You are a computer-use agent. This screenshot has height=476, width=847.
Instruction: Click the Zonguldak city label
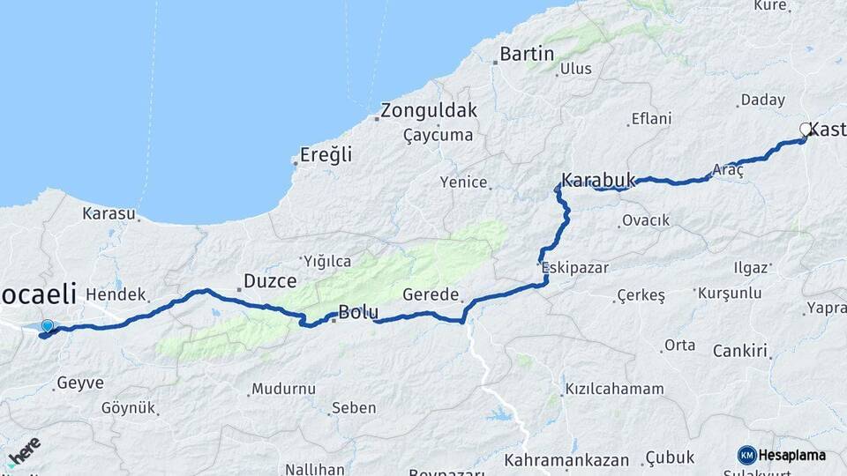(x=429, y=111)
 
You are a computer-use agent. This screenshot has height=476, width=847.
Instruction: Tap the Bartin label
(x=527, y=54)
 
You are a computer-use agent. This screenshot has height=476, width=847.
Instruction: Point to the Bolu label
(x=359, y=313)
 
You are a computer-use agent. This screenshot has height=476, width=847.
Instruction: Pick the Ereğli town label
(x=326, y=155)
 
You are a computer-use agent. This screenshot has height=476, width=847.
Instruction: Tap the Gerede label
(x=431, y=294)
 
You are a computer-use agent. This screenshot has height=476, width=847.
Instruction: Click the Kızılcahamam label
(x=614, y=389)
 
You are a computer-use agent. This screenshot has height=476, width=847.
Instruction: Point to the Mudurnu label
(x=283, y=388)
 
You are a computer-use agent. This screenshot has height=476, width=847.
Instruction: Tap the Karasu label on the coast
(x=109, y=213)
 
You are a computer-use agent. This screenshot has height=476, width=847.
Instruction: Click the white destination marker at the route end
(x=806, y=130)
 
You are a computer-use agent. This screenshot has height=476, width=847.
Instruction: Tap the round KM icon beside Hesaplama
(x=747, y=455)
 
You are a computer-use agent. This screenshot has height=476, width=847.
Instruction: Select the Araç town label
(x=729, y=169)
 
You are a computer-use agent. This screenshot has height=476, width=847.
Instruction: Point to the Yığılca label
(x=327, y=261)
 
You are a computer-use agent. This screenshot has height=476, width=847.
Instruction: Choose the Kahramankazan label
(x=566, y=460)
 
